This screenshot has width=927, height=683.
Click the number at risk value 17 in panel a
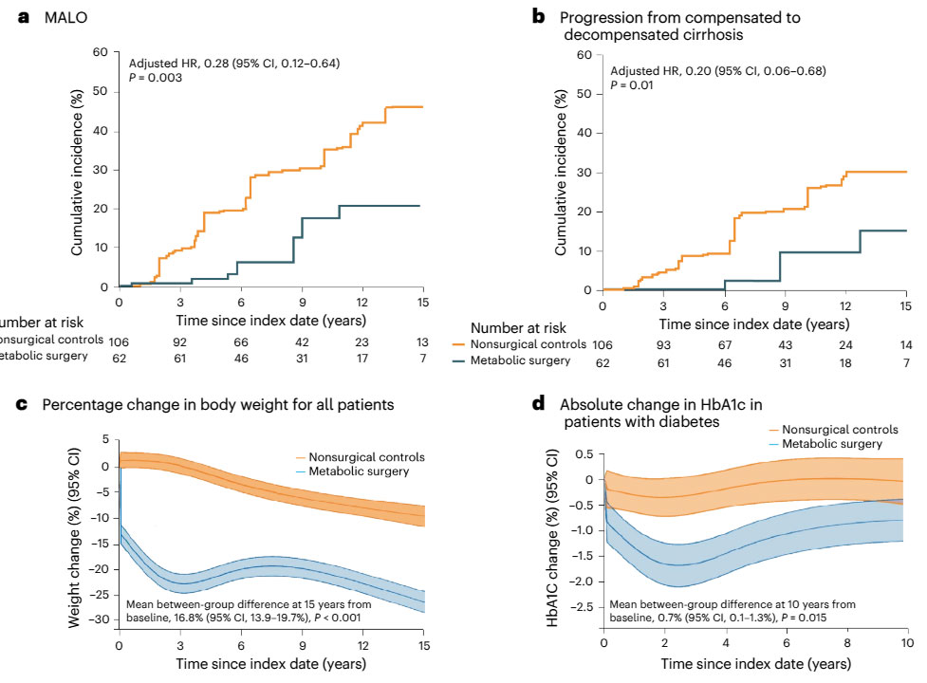362,358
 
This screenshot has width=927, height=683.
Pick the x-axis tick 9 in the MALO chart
302,302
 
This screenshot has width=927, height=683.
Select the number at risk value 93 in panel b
662,344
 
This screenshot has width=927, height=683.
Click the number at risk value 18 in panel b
845,362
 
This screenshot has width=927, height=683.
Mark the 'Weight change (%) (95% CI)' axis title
74,534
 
